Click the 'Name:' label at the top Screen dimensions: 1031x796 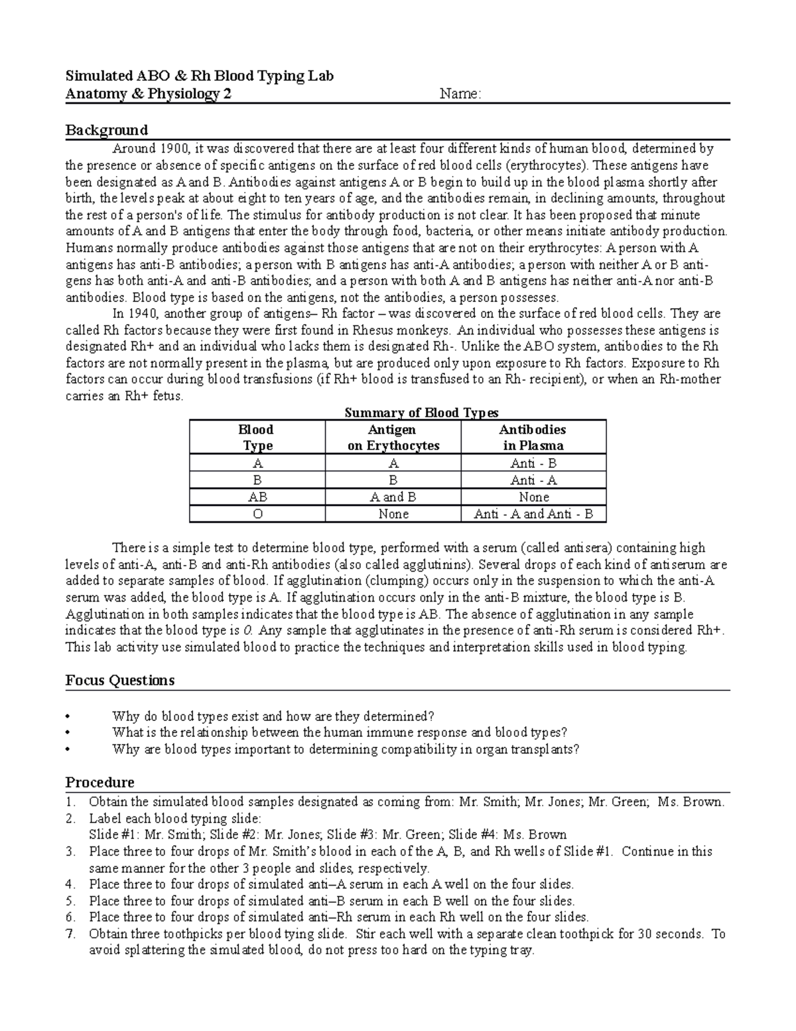[460, 94]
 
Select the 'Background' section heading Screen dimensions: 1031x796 [106, 130]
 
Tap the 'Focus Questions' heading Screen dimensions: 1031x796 [120, 680]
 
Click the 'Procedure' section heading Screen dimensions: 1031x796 [99, 783]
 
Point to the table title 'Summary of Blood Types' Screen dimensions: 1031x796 [421, 413]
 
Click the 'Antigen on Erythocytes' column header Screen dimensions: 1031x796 [393, 437]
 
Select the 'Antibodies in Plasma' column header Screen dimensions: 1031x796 [533, 437]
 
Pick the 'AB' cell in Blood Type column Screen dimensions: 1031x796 [257, 497]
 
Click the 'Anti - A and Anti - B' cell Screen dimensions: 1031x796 [533, 514]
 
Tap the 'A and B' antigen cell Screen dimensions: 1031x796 [393, 497]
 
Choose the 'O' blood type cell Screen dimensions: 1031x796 [257, 514]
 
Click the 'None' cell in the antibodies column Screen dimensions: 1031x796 [533, 497]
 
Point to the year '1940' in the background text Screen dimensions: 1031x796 [144, 313]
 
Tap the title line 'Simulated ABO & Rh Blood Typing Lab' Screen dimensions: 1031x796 [199, 76]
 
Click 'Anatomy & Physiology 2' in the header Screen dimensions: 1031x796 [149, 94]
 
